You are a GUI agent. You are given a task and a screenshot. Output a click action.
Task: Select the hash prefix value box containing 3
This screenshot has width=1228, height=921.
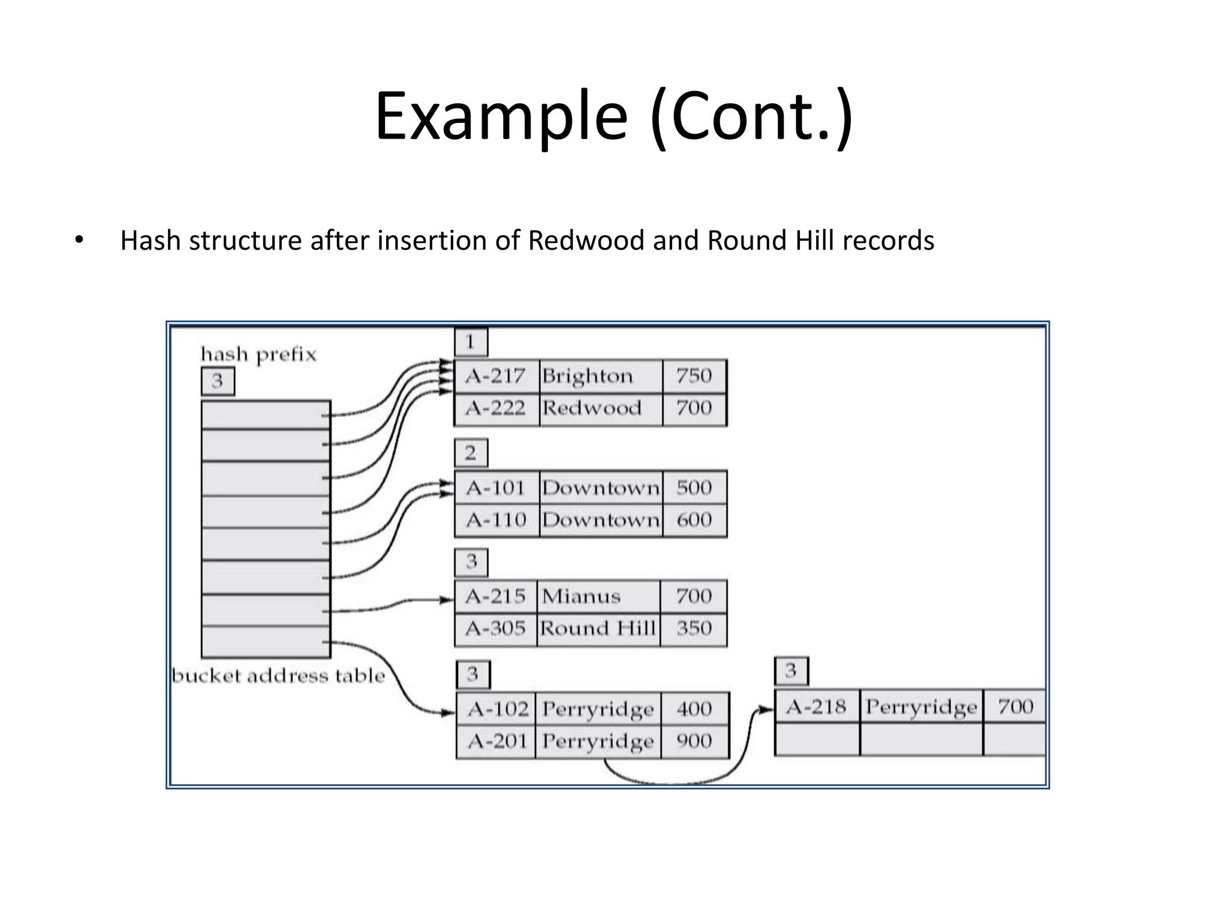coord(218,381)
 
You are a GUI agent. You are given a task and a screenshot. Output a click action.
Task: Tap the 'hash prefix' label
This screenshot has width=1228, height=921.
coord(258,354)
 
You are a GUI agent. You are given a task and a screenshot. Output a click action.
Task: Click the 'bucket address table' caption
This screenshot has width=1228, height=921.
coord(278,676)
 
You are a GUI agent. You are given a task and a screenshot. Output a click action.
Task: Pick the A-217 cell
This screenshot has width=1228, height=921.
coord(496,377)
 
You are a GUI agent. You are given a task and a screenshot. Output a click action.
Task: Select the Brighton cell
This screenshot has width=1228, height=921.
coord(600,377)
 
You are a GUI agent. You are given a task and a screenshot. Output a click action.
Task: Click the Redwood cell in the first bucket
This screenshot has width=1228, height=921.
coord(600,409)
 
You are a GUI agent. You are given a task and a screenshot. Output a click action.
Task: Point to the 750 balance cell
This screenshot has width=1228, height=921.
coord(694,377)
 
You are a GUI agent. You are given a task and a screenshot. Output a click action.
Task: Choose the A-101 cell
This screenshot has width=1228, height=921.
coord(496,488)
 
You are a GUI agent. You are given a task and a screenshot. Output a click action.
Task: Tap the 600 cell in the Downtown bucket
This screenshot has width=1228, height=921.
coord(694,520)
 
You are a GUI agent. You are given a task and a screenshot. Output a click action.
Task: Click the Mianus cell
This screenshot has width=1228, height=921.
coord(597,597)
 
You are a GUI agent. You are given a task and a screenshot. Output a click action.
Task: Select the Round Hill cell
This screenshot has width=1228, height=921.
coord(597,629)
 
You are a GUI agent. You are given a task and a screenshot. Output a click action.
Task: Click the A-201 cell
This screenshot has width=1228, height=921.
coord(496,742)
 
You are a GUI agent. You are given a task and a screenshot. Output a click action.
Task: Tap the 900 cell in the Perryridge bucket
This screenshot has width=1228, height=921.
coord(694,742)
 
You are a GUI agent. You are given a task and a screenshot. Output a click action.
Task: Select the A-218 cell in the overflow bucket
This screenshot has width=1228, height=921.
coord(816,707)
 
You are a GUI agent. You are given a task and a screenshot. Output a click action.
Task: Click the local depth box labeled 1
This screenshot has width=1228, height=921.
coord(471,342)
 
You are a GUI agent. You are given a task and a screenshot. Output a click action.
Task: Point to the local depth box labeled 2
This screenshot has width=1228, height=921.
coord(471,453)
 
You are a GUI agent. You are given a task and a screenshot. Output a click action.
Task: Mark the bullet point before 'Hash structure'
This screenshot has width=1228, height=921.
coord(79,241)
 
